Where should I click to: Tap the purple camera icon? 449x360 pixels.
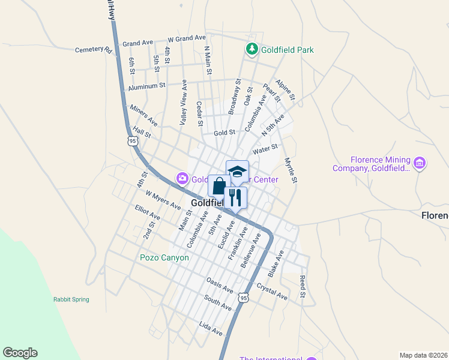(x=181, y=179)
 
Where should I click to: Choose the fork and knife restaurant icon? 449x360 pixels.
(x=235, y=197)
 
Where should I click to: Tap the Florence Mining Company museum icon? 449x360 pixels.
(x=420, y=163)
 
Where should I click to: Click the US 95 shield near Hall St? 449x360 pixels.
(x=133, y=140)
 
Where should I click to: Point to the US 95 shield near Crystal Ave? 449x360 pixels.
(x=243, y=298)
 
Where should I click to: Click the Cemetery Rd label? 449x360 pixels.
(x=94, y=50)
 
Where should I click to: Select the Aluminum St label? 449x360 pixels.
(x=146, y=86)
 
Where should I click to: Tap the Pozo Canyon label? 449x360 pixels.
(x=164, y=258)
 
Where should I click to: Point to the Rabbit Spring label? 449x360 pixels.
(x=71, y=299)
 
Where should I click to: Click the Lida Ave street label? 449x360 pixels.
(x=211, y=328)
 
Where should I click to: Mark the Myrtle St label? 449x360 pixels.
(x=291, y=170)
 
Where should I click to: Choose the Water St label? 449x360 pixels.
(x=265, y=148)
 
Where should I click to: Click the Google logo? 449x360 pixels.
(x=20, y=353)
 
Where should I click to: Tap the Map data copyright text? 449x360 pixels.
(x=423, y=355)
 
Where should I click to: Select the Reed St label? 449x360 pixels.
(x=303, y=287)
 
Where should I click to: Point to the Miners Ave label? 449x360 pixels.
(x=143, y=115)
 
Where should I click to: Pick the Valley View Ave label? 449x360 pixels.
(x=184, y=103)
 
